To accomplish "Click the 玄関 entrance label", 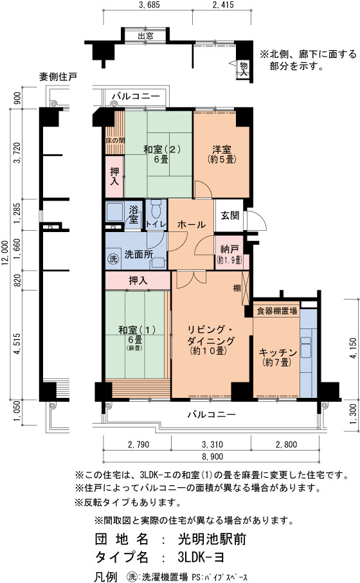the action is (230, 215).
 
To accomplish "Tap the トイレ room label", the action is (156, 224).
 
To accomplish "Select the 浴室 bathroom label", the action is (134, 214).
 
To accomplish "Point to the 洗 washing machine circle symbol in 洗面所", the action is (113, 258).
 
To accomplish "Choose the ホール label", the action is (192, 224).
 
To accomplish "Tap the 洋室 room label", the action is (222, 150).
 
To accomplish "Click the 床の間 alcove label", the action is (115, 141).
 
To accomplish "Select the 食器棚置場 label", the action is (276, 310).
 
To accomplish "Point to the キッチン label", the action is (278, 352).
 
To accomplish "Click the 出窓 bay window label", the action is (145, 36).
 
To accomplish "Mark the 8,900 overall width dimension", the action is (212, 456).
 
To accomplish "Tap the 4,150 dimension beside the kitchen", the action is (354, 348).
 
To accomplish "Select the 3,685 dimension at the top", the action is (148, 5).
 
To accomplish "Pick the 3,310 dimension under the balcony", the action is (212, 444).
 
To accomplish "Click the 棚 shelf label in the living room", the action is (237, 288).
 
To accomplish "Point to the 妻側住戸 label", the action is (58, 76).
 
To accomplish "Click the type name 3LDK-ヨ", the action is (201, 557).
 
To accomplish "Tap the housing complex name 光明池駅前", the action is (212, 539).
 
